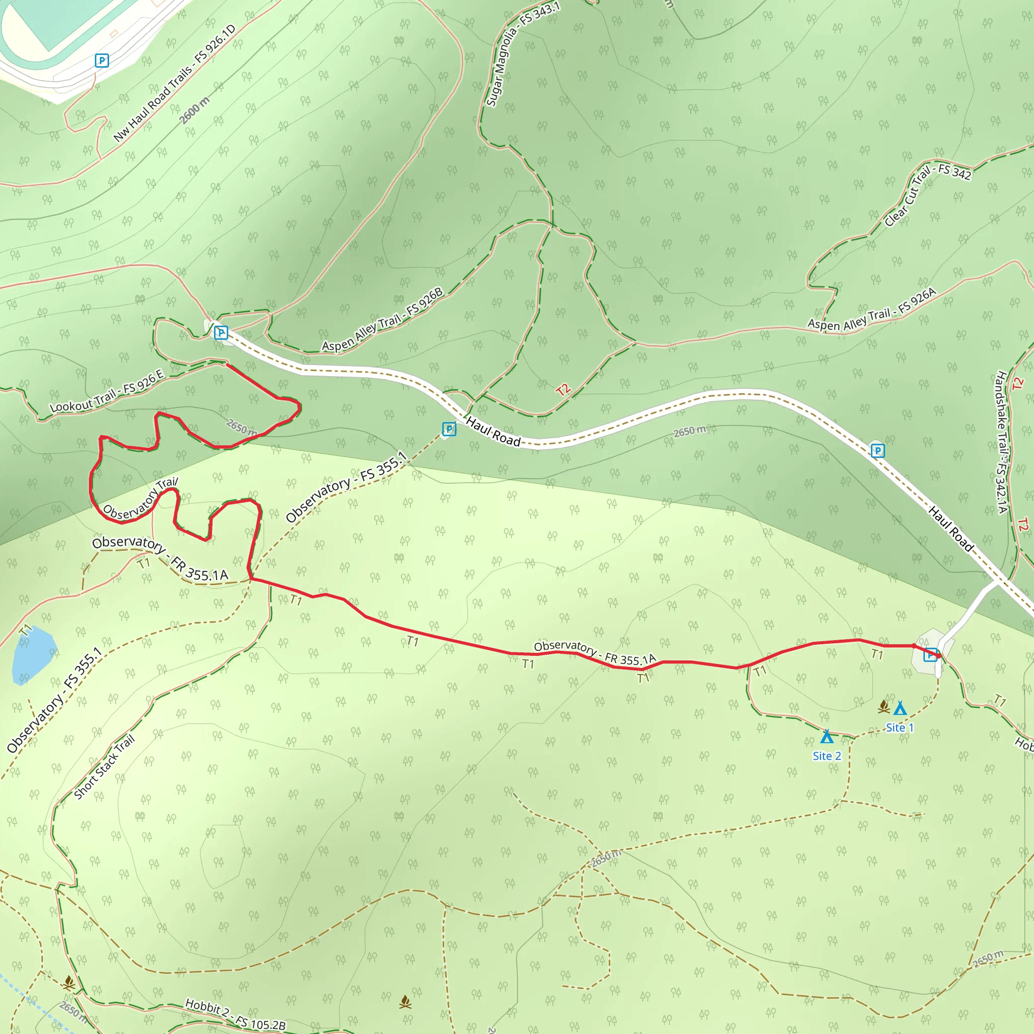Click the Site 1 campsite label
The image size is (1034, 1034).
(900, 728)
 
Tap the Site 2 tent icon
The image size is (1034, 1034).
(827, 737)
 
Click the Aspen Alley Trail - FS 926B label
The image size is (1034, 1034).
(383, 320)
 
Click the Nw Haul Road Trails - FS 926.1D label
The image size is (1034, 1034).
(175, 83)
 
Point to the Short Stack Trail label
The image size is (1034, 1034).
(105, 767)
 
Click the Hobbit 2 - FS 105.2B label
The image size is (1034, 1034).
(235, 1014)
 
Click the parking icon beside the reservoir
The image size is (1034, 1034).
(101, 61)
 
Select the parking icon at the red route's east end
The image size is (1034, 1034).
(930, 654)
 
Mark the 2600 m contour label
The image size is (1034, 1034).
(195, 111)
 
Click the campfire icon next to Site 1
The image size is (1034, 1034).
(884, 707)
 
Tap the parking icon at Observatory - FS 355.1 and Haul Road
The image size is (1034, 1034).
(449, 429)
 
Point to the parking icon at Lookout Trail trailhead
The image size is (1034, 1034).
(221, 333)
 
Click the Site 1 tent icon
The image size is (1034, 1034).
(900, 708)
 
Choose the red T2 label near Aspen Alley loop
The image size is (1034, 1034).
(563, 390)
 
